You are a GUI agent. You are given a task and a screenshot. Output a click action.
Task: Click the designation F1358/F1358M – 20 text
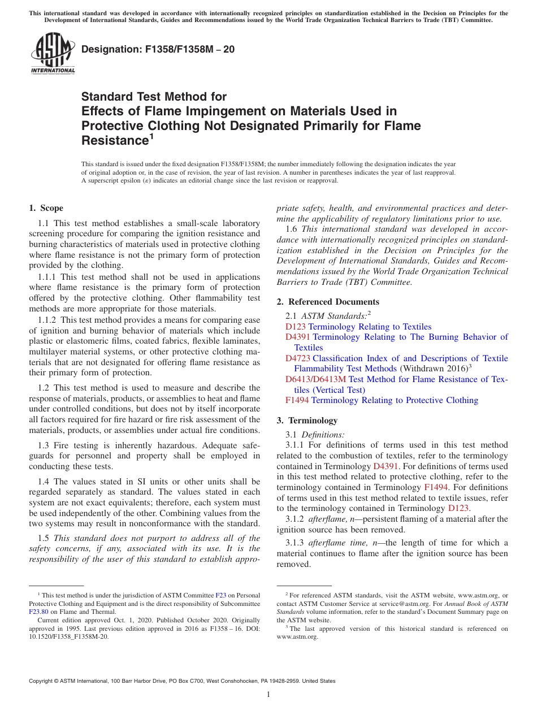pyautogui.click(x=158, y=50)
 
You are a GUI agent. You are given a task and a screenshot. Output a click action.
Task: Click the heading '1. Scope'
pyautogui.click(x=46, y=208)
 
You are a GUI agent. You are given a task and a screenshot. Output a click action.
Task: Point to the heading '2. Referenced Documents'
pyautogui.click(x=328, y=302)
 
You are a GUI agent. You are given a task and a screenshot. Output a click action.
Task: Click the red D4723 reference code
pyautogui.click(x=298, y=358)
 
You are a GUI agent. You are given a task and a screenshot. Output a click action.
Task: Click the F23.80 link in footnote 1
pyautogui.click(x=38, y=611)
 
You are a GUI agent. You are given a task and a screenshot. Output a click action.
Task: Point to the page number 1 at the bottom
pyautogui.click(x=268, y=695)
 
